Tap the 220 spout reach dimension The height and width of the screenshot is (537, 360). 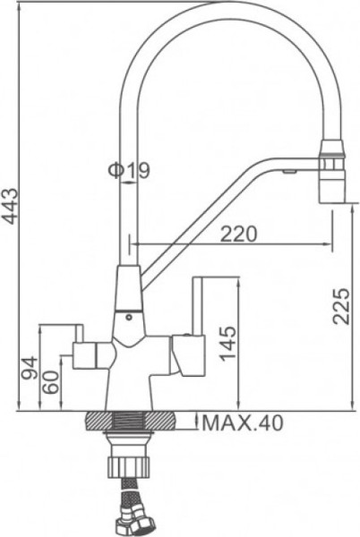238,233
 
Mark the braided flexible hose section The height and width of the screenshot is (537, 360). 128,491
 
